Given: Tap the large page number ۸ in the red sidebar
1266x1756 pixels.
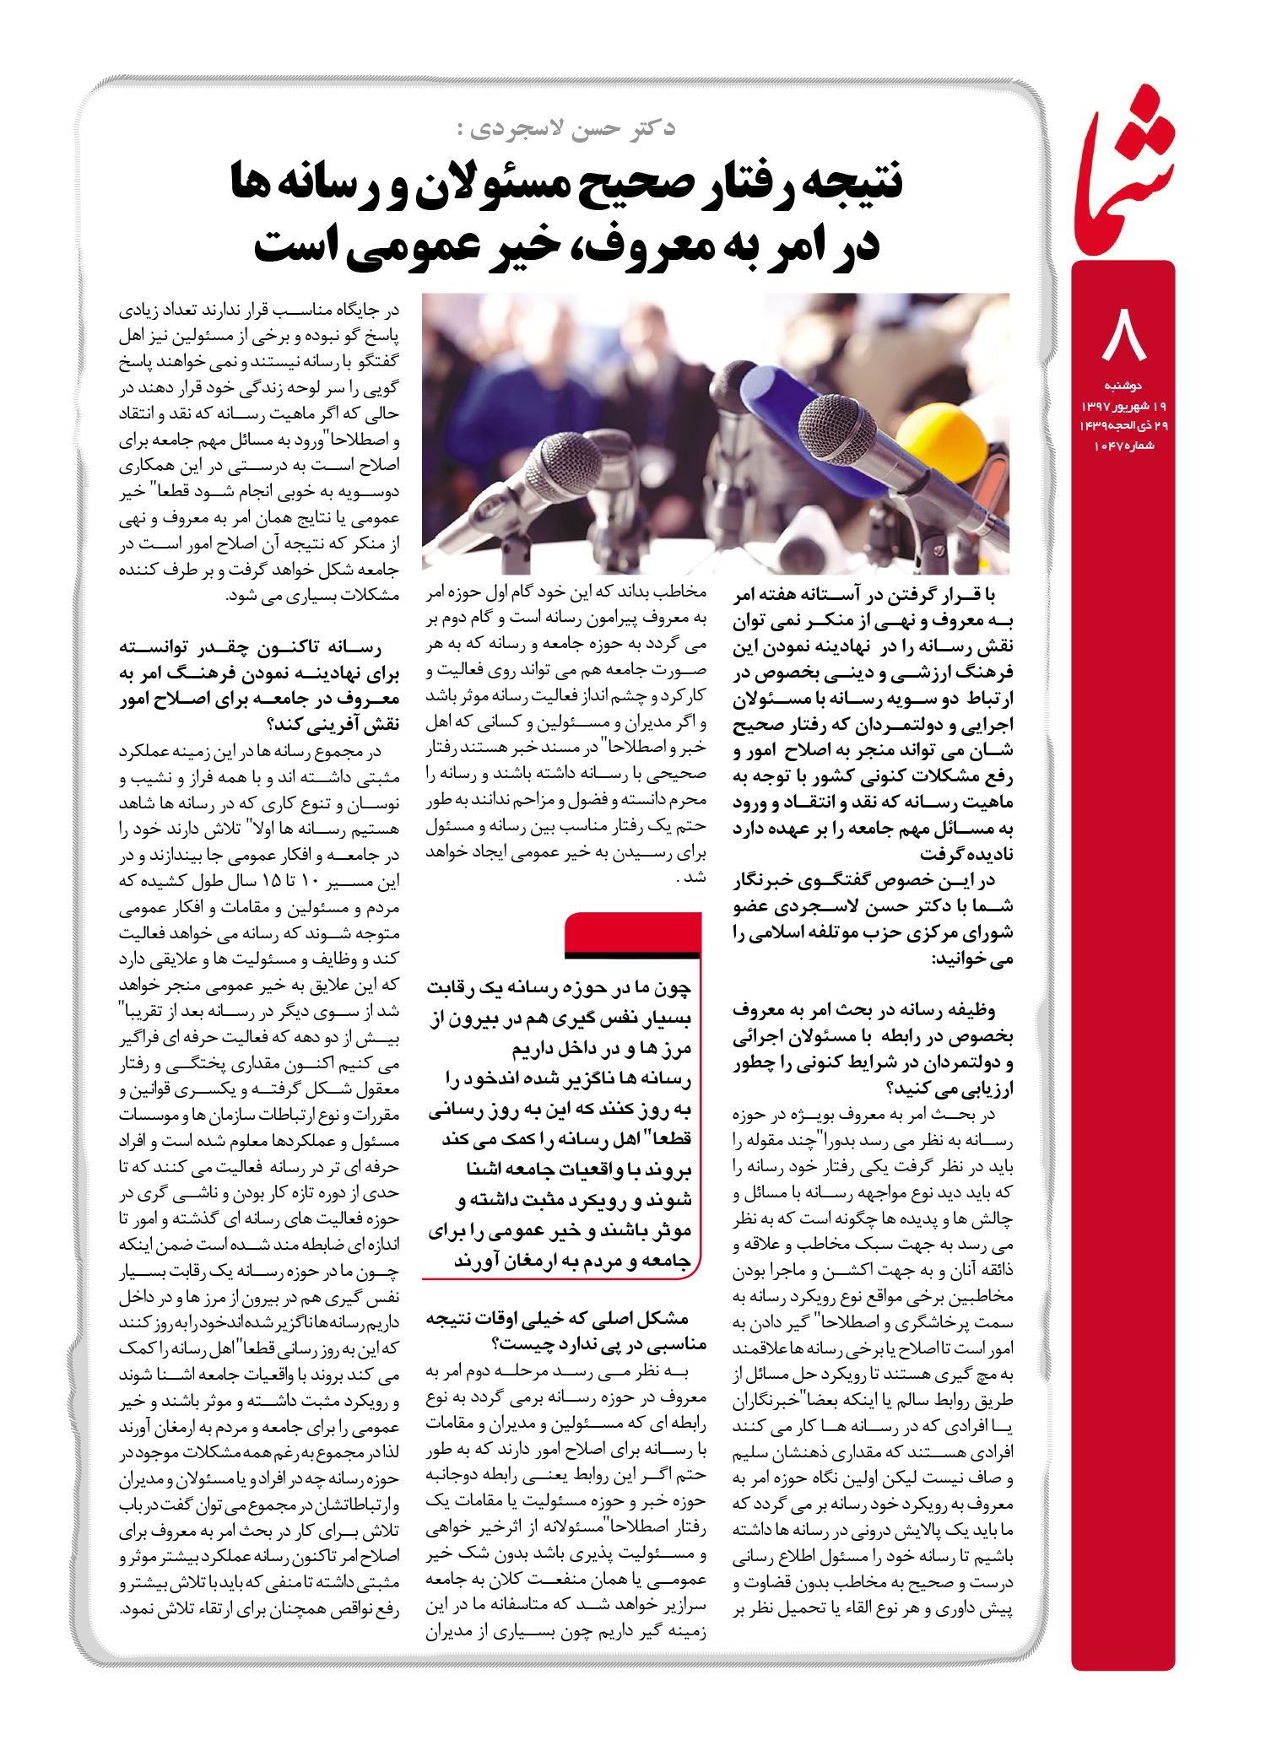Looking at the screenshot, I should pyautogui.click(x=1123, y=334).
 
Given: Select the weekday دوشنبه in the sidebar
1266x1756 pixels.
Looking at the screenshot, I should pyautogui.click(x=1123, y=386).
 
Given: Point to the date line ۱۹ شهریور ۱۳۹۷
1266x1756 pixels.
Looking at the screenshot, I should pyautogui.click(x=1123, y=406).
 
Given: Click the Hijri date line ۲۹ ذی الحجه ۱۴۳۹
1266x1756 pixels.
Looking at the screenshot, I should pyautogui.click(x=1123, y=425).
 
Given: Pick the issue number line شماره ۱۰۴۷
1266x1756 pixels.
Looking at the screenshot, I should pyautogui.click(x=1123, y=446).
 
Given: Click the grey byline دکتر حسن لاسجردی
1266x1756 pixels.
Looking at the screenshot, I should pyautogui.click(x=565, y=128).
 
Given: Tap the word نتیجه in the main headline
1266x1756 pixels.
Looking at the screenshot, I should pyautogui.click(x=851, y=181).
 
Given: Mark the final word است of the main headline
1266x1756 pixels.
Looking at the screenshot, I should pyautogui.click(x=296, y=245).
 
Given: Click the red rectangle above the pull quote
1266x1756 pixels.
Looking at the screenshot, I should pyautogui.click(x=632, y=932).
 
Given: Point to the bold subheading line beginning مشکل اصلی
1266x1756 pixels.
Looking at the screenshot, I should pyautogui.click(x=557, y=1318).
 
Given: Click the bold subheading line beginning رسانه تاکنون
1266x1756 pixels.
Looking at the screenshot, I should pyautogui.click(x=250, y=648).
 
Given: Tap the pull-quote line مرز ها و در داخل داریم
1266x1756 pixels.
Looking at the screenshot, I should pyautogui.click(x=601, y=1049).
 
